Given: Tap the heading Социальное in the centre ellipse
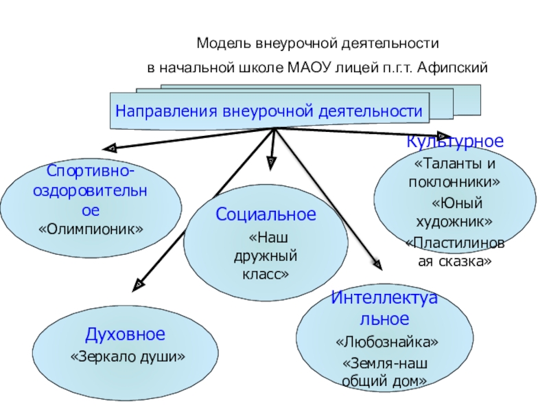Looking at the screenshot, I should [x=266, y=215].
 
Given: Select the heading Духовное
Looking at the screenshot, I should [x=126, y=335].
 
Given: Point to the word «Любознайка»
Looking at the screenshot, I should [x=387, y=341].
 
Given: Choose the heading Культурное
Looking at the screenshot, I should [x=455, y=142].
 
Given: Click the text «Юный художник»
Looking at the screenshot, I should [x=456, y=213].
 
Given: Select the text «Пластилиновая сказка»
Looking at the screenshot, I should [x=456, y=252].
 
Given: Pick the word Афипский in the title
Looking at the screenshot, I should [x=457, y=69].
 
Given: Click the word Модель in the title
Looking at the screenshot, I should [x=220, y=44].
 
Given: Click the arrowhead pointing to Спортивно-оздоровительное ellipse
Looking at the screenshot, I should [x=110, y=146].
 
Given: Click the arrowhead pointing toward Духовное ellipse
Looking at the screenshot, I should [x=139, y=282].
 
